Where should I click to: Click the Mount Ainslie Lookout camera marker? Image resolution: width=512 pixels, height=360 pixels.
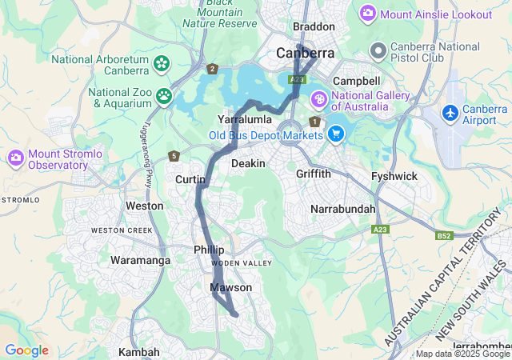click(x=368, y=13)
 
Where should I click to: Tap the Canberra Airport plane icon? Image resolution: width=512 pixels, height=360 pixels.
click(x=451, y=114)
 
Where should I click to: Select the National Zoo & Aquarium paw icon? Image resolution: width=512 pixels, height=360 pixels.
click(x=164, y=96)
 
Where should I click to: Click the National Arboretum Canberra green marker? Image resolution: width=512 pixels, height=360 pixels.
click(x=162, y=62)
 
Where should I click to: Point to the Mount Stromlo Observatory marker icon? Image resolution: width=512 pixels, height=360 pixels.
click(x=15, y=158)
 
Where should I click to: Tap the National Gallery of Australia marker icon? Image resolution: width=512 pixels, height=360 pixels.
click(x=318, y=100)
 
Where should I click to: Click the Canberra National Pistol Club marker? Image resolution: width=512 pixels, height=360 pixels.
click(x=378, y=51)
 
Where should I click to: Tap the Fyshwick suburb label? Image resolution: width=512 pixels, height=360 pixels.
click(x=394, y=176)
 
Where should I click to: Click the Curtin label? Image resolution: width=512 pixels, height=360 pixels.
click(x=190, y=180)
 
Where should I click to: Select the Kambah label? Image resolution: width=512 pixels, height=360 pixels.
click(x=138, y=352)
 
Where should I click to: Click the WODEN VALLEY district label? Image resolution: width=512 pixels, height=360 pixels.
click(x=241, y=263)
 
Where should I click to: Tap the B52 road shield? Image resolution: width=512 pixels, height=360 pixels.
click(x=444, y=236)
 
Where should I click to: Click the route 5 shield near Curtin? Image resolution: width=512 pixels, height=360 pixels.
click(x=174, y=156)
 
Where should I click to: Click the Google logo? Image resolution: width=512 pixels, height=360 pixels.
click(x=26, y=350)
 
